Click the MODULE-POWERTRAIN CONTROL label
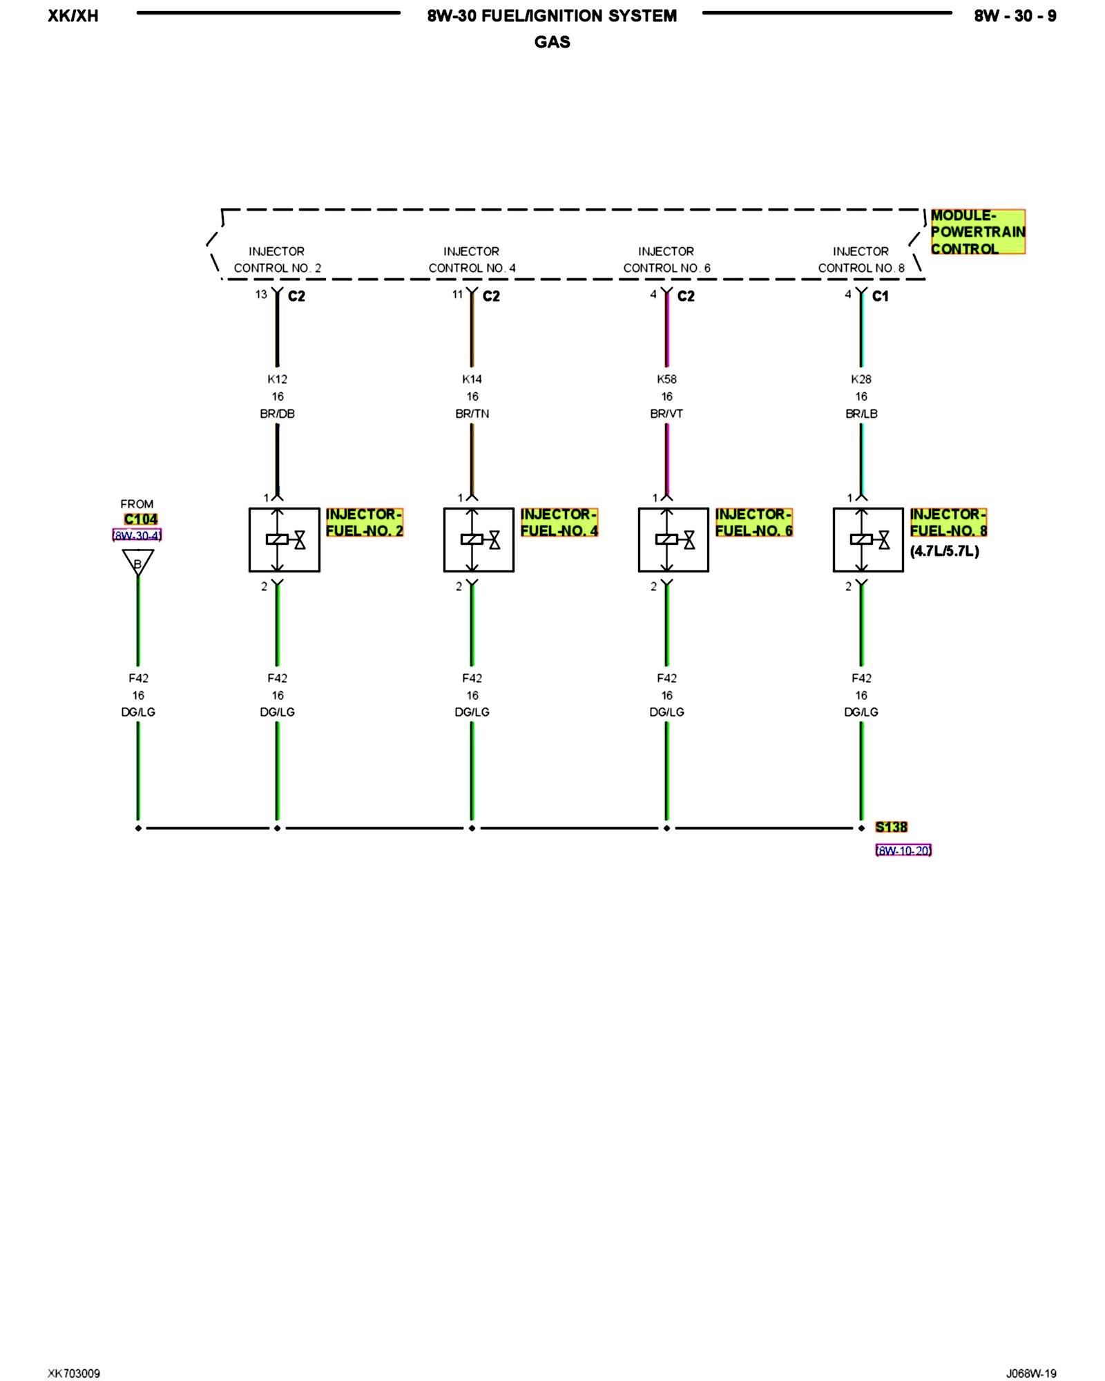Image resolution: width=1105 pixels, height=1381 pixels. [x=977, y=232]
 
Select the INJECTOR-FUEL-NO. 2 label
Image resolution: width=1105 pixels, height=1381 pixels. [x=364, y=523]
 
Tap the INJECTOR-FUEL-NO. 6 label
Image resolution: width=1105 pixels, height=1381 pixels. [x=753, y=523]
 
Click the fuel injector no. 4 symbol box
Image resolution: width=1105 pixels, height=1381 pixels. [x=479, y=540]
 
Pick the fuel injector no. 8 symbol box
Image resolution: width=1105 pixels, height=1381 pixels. [x=868, y=540]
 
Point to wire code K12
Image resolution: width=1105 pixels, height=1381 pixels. [x=277, y=379]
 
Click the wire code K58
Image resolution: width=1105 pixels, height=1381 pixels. [x=666, y=379]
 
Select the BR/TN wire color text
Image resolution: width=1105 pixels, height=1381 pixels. [x=472, y=414]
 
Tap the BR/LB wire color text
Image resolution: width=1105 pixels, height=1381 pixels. [x=861, y=414]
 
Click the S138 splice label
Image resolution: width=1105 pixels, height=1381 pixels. [x=891, y=827]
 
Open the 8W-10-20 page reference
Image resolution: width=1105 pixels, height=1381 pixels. [x=903, y=851]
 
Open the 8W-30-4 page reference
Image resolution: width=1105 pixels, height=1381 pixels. [x=137, y=535]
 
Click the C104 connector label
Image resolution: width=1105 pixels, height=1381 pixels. [x=141, y=519]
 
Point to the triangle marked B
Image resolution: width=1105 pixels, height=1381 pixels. [x=138, y=562]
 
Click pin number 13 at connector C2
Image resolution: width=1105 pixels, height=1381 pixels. [x=261, y=294]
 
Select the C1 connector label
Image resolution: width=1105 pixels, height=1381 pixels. [x=880, y=296]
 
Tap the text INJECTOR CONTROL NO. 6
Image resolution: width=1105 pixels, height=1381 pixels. [x=666, y=260]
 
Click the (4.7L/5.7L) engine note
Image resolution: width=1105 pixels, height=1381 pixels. [x=944, y=551]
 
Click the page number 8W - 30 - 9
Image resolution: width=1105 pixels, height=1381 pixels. [x=1015, y=16]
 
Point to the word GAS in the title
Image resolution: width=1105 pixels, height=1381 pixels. [x=552, y=42]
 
